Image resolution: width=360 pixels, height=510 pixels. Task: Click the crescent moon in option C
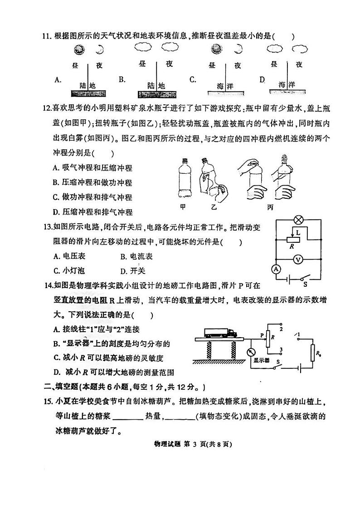coord(238,49)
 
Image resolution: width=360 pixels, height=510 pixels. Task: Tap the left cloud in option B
coord(144,47)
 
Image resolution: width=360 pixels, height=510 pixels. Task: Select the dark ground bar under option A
coord(88,93)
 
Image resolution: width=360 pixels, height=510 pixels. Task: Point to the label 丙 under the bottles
coord(270,207)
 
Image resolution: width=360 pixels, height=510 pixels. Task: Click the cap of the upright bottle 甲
coord(185,160)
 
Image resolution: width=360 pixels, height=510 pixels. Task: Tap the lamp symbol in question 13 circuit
coord(298,220)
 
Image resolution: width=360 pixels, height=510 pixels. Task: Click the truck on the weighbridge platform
coord(221,333)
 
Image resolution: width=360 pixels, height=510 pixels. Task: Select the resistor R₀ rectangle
coord(313,353)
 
